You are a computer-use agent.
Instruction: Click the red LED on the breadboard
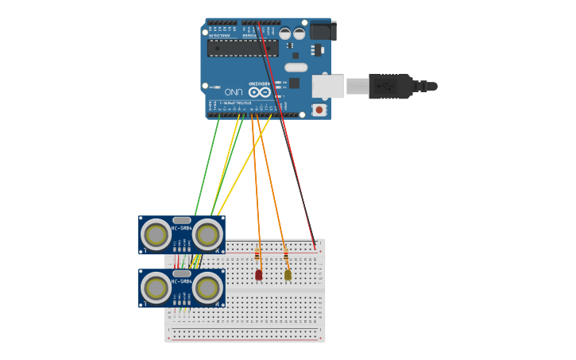click(x=259, y=275)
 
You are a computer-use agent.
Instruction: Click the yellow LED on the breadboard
click(x=288, y=275)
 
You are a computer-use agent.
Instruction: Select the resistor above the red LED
click(x=257, y=255)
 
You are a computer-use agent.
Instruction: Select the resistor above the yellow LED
click(x=286, y=255)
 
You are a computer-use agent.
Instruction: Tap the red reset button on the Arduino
click(x=319, y=110)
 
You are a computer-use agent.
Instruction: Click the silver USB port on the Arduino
click(x=327, y=86)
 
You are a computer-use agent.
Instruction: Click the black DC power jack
click(x=322, y=31)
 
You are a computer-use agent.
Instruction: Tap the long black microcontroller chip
click(x=242, y=48)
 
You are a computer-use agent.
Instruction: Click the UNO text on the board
click(x=234, y=91)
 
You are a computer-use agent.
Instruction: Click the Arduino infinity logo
click(x=260, y=92)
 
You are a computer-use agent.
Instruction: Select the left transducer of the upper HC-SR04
click(x=157, y=235)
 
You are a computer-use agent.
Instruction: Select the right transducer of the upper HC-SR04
click(x=207, y=235)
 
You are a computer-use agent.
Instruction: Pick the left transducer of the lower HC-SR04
click(x=157, y=288)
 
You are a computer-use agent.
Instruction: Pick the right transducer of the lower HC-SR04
click(x=207, y=288)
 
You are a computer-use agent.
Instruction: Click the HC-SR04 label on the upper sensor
click(x=181, y=229)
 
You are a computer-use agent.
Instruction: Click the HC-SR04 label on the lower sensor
click(x=181, y=281)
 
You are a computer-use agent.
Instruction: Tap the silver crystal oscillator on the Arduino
click(x=296, y=68)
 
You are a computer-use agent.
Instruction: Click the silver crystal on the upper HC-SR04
click(x=182, y=220)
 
